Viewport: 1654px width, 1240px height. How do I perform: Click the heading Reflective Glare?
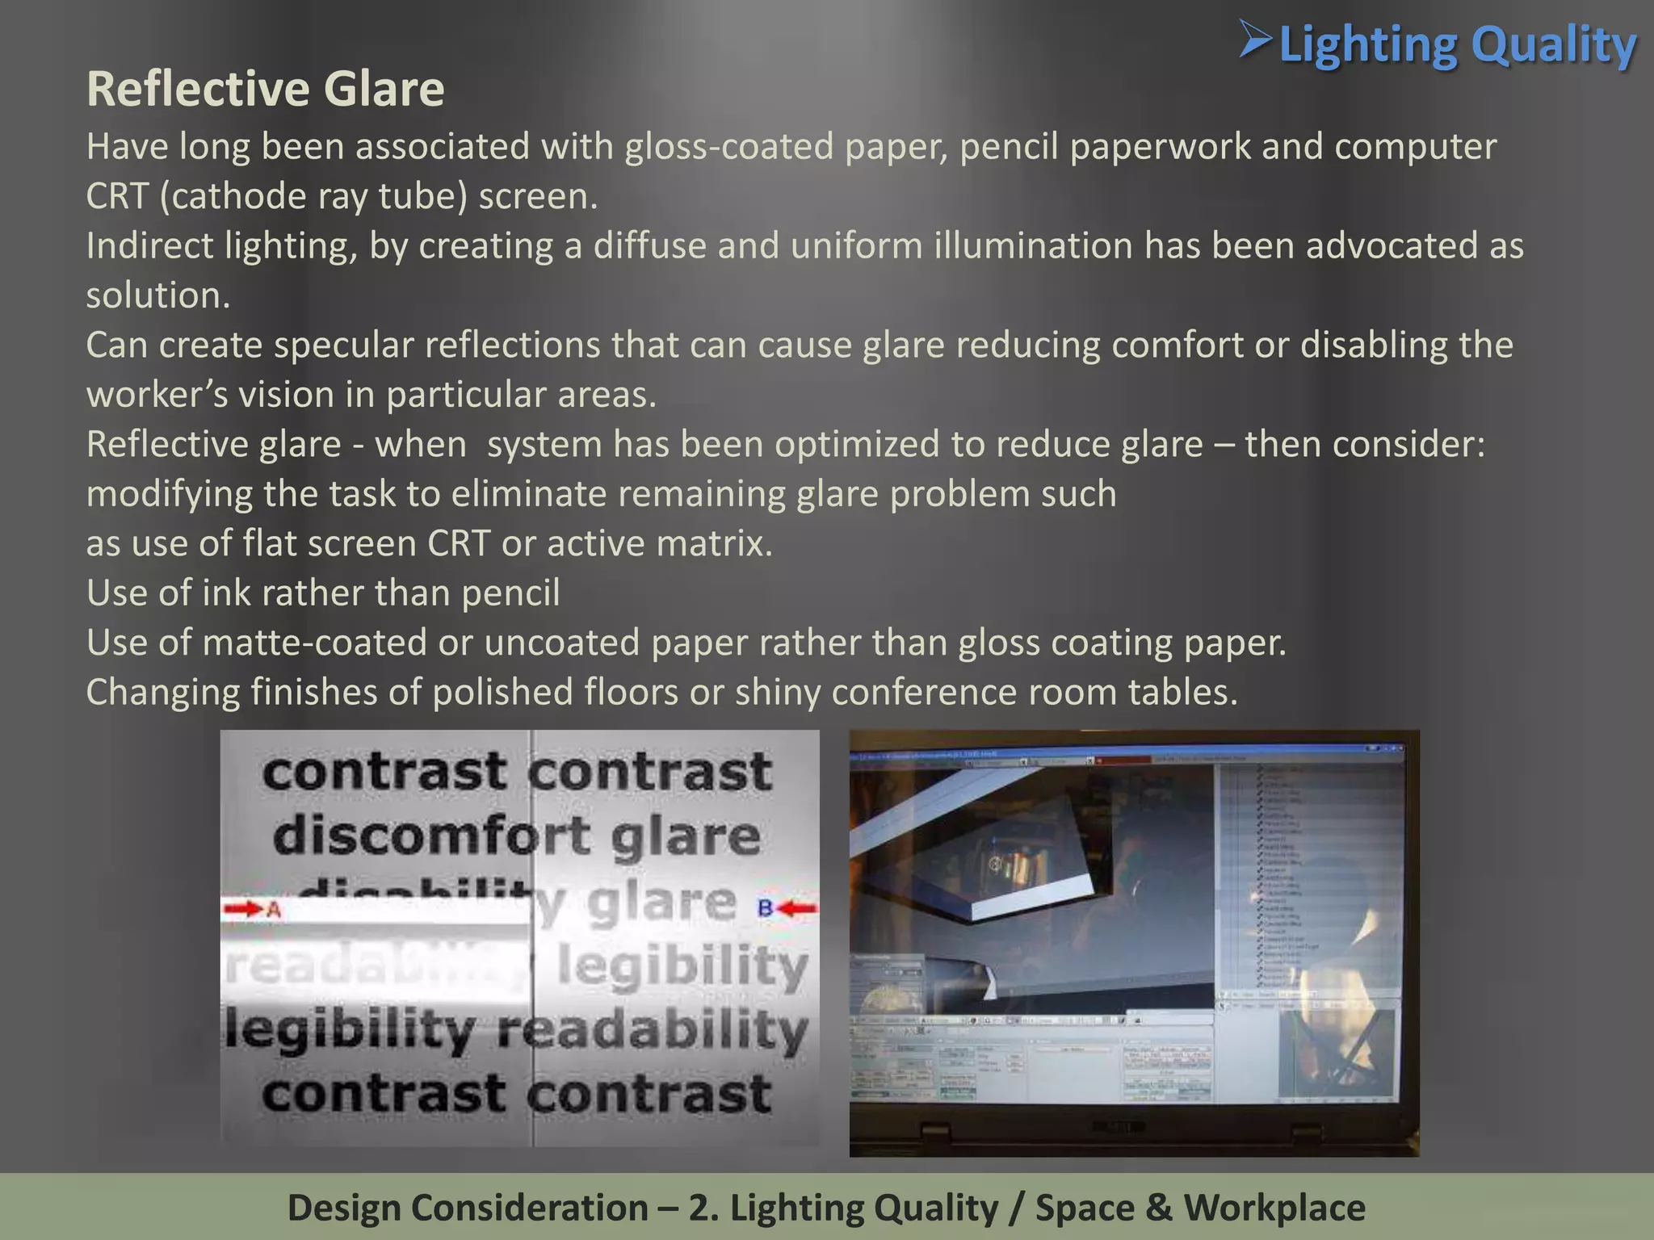point(265,89)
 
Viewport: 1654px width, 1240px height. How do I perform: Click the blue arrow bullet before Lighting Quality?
point(1256,40)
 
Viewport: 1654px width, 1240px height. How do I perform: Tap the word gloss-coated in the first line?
point(728,147)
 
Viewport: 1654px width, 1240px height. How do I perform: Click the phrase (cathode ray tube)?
point(313,197)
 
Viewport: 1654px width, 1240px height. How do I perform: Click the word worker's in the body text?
point(149,396)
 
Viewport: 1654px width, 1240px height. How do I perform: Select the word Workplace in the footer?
point(1274,1209)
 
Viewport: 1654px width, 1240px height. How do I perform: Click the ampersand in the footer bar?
point(1157,1209)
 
